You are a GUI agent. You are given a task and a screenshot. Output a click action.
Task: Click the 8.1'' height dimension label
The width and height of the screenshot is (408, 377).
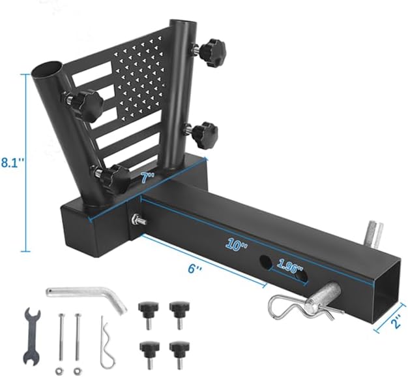[12, 162]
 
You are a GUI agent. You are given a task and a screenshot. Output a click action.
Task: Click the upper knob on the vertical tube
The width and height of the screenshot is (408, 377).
[210, 49]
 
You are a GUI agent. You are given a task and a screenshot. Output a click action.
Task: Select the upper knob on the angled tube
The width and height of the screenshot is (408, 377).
[85, 103]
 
